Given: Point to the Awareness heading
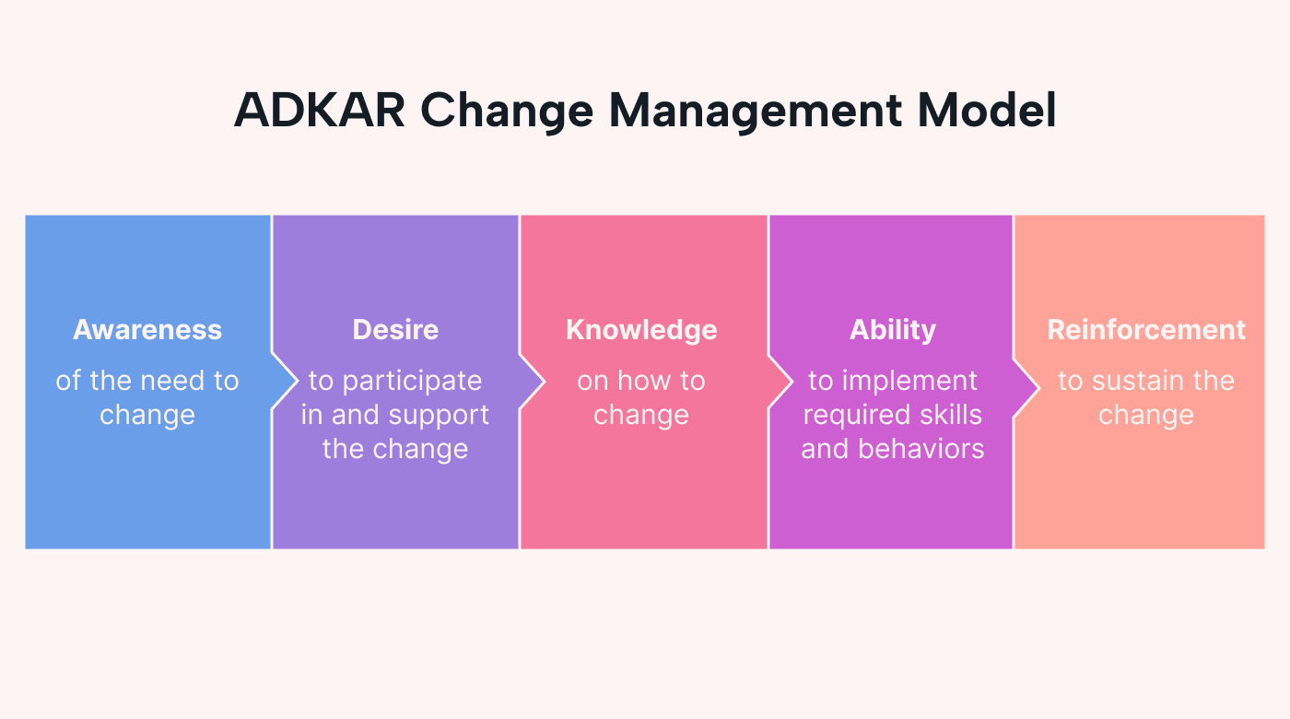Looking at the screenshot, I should pos(147,330).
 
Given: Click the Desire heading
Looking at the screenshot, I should pos(395,330).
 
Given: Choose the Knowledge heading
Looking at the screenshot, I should pos(641,330).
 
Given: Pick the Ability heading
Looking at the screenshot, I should pos(892,330).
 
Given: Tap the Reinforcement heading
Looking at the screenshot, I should pos(1146,330).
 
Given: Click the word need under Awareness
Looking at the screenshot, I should pos(172,381).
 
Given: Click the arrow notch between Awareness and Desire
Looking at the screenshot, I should pos(285,381).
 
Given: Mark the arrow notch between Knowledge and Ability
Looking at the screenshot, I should pos(780,381).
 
